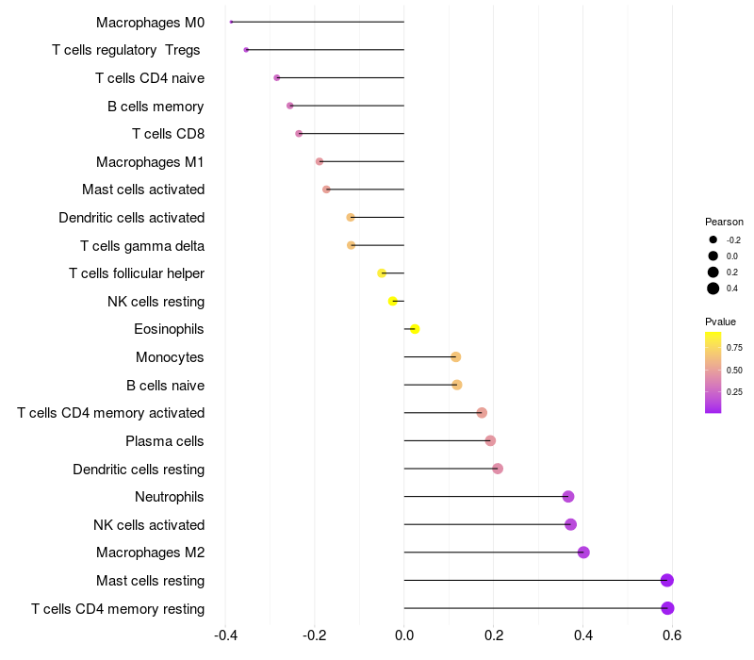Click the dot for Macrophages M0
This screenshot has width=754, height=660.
231,22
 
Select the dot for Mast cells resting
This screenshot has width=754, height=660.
667,580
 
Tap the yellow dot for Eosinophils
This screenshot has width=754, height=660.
415,329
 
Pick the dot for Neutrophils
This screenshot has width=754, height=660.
568,497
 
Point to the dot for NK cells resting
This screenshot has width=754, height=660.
393,301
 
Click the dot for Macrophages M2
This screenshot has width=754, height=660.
583,553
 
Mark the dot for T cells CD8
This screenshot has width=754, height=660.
299,134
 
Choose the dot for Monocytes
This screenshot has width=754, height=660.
456,357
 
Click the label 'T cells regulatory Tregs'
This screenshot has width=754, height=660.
127,50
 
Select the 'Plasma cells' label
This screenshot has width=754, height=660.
165,441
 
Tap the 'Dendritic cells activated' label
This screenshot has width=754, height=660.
131,218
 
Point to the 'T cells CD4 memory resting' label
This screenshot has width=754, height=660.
118,609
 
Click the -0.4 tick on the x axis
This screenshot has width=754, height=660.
225,635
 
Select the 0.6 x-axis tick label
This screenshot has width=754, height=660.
672,635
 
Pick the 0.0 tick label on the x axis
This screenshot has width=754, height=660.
404,635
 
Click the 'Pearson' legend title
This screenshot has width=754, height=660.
724,222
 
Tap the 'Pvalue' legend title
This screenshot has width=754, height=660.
721,322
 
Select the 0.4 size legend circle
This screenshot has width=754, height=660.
713,289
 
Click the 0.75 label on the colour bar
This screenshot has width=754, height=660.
734,348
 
